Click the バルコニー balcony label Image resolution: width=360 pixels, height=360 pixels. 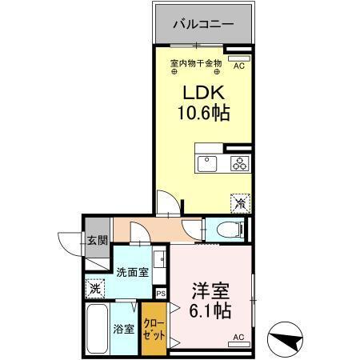click(x=205, y=25)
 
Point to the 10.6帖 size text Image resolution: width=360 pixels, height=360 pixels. click(x=203, y=113)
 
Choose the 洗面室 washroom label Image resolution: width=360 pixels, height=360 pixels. click(x=131, y=271)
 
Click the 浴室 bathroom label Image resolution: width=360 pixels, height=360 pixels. click(x=122, y=328)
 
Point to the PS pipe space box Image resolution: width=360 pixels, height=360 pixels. click(x=162, y=293)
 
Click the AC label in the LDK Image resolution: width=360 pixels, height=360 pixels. click(x=238, y=67)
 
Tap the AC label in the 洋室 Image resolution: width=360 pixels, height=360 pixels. click(x=238, y=337)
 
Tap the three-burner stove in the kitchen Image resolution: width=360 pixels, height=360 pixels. click(x=239, y=164)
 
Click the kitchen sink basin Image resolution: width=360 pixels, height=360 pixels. click(x=207, y=164)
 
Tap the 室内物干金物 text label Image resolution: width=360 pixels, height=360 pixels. click(x=196, y=62)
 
